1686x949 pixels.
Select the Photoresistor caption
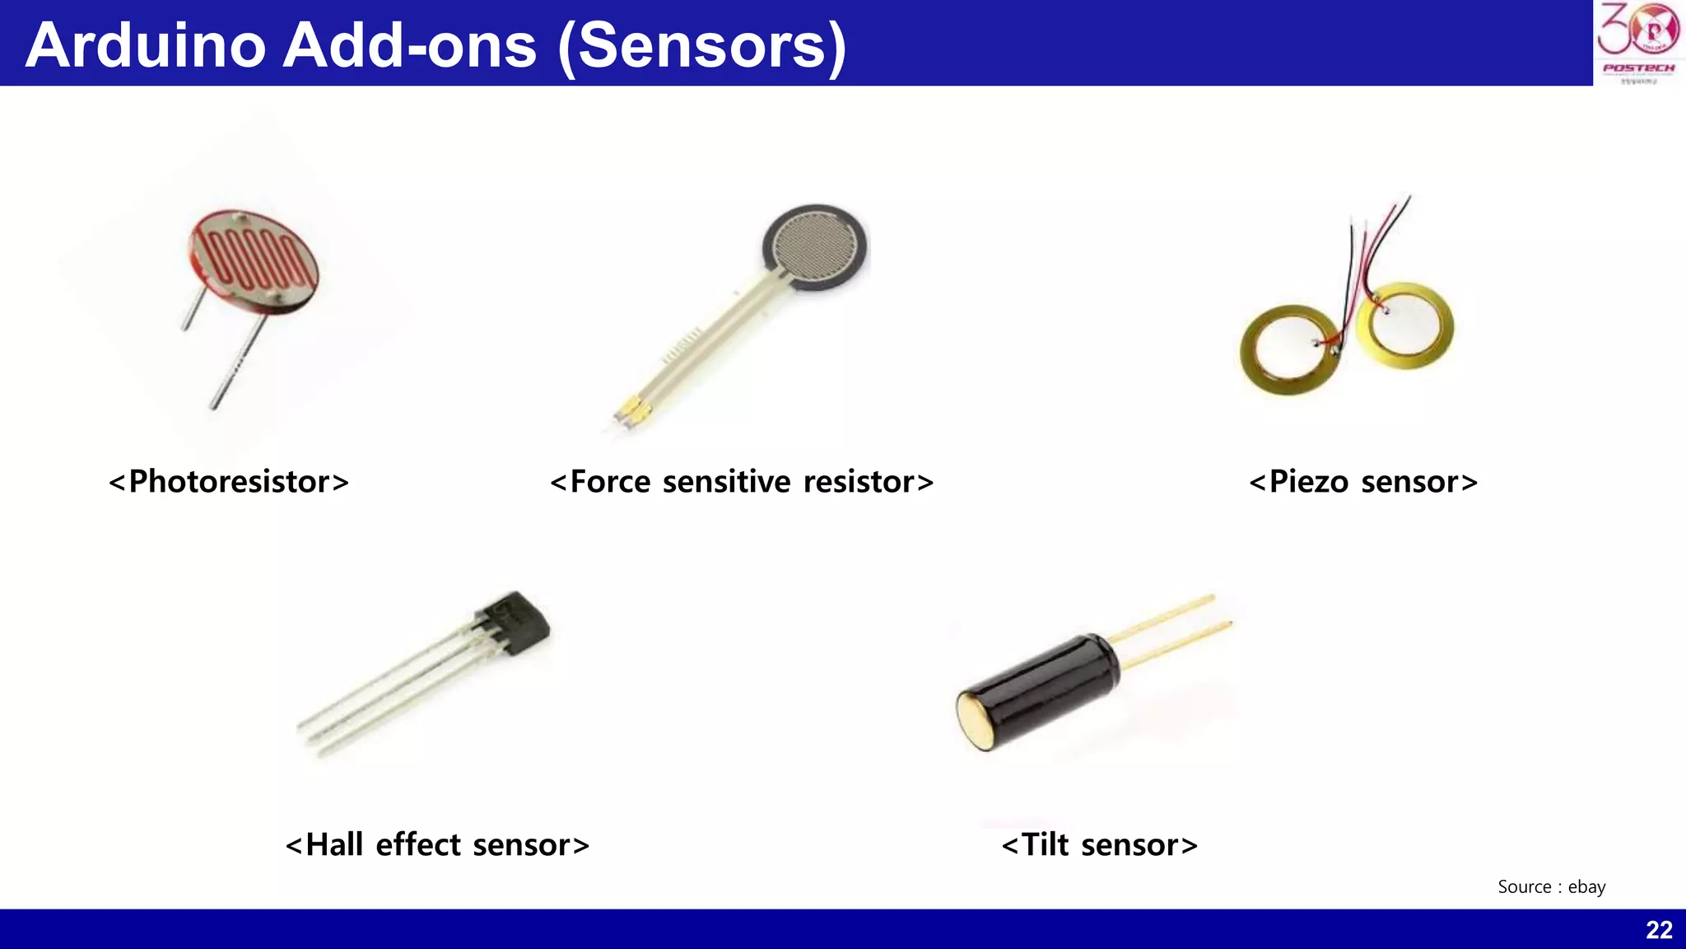coord(229,481)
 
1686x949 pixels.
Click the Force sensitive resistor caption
coord(742,481)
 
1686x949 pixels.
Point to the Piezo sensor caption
coord(1363,481)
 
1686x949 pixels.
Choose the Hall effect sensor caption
coord(437,844)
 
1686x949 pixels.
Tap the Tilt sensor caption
coord(1099,844)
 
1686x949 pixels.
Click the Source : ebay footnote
coord(1551,886)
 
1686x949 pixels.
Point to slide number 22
coord(1659,930)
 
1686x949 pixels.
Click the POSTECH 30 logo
coord(1638,41)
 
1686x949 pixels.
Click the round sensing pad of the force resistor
coord(814,247)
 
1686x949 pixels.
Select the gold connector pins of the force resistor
coord(630,412)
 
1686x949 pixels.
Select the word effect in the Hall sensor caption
coord(418,844)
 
